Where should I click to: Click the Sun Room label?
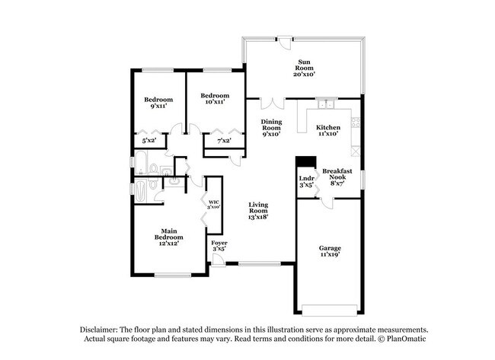[305, 68]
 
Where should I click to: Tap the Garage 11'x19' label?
[330, 251]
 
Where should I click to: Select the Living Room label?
[258, 211]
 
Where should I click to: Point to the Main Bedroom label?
[168, 237]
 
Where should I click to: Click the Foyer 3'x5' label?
[219, 246]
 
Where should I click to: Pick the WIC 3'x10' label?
[213, 205]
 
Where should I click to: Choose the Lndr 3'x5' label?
[307, 182]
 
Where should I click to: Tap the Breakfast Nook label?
[337, 177]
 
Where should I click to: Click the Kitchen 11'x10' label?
[328, 130]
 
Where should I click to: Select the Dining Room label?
[272, 127]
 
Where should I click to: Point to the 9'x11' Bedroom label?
[158, 103]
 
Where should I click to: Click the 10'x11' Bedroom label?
[215, 98]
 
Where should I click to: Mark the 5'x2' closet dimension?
[149, 140]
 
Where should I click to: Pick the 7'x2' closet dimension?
[224, 140]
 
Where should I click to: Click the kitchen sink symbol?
[325, 104]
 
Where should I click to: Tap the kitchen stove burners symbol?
[356, 123]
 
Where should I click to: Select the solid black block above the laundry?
[305, 161]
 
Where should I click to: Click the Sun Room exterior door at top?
[285, 43]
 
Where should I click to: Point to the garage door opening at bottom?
[330, 310]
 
